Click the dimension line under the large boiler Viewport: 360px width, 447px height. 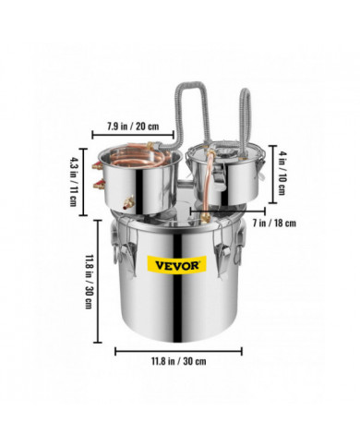(179, 350)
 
